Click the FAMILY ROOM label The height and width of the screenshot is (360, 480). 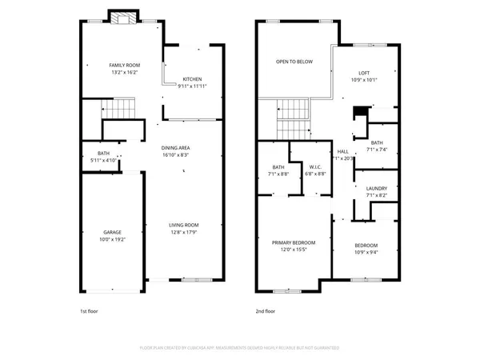(124, 64)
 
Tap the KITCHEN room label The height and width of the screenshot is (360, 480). (192, 79)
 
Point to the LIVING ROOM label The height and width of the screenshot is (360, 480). (183, 225)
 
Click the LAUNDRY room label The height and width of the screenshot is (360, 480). (376, 189)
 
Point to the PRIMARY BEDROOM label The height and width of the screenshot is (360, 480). (293, 242)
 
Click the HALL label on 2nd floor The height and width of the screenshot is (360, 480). (342, 151)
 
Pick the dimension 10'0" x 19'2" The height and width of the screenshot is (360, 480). (112, 239)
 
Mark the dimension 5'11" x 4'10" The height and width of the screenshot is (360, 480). (104, 160)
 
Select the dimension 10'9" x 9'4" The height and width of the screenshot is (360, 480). (366, 252)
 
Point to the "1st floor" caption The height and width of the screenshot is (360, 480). (88, 310)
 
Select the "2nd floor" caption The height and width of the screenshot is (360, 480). (266, 310)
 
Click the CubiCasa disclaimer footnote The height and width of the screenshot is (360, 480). (240, 348)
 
